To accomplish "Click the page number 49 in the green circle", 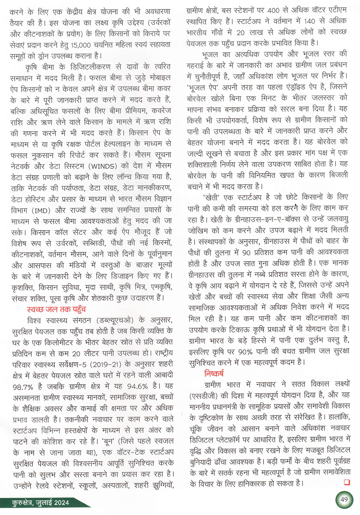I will (344, 499).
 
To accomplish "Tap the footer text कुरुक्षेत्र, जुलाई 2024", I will (40, 503).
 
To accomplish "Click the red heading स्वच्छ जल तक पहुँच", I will (56, 309).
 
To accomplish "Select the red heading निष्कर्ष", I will (214, 373).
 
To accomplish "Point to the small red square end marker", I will (347, 482).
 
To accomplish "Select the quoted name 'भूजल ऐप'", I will (203, 87).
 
